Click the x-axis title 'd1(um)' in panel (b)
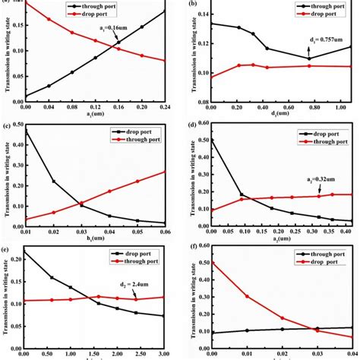click(281, 118)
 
